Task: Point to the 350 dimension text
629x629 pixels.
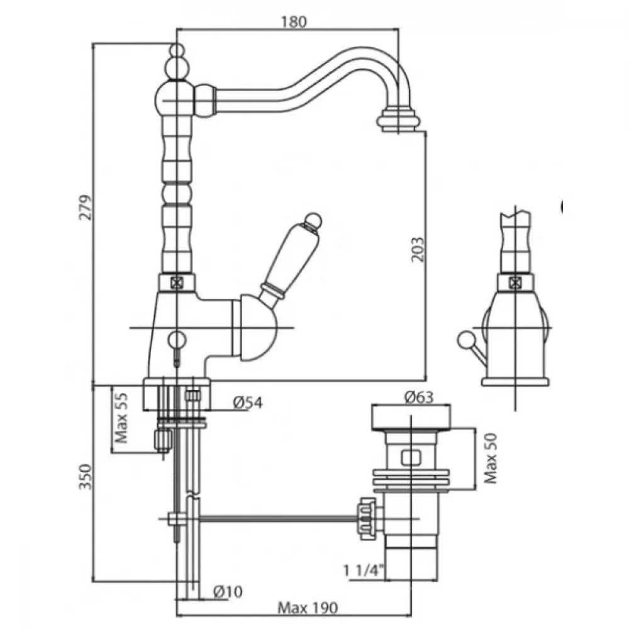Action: tap(88, 478)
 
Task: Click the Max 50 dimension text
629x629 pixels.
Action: tap(491, 459)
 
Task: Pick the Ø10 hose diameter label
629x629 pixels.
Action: tap(228, 592)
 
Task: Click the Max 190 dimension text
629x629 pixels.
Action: tap(308, 608)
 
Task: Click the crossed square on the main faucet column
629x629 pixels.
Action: tap(177, 282)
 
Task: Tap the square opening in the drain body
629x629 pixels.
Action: tap(412, 457)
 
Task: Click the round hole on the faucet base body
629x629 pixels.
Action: tap(177, 340)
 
